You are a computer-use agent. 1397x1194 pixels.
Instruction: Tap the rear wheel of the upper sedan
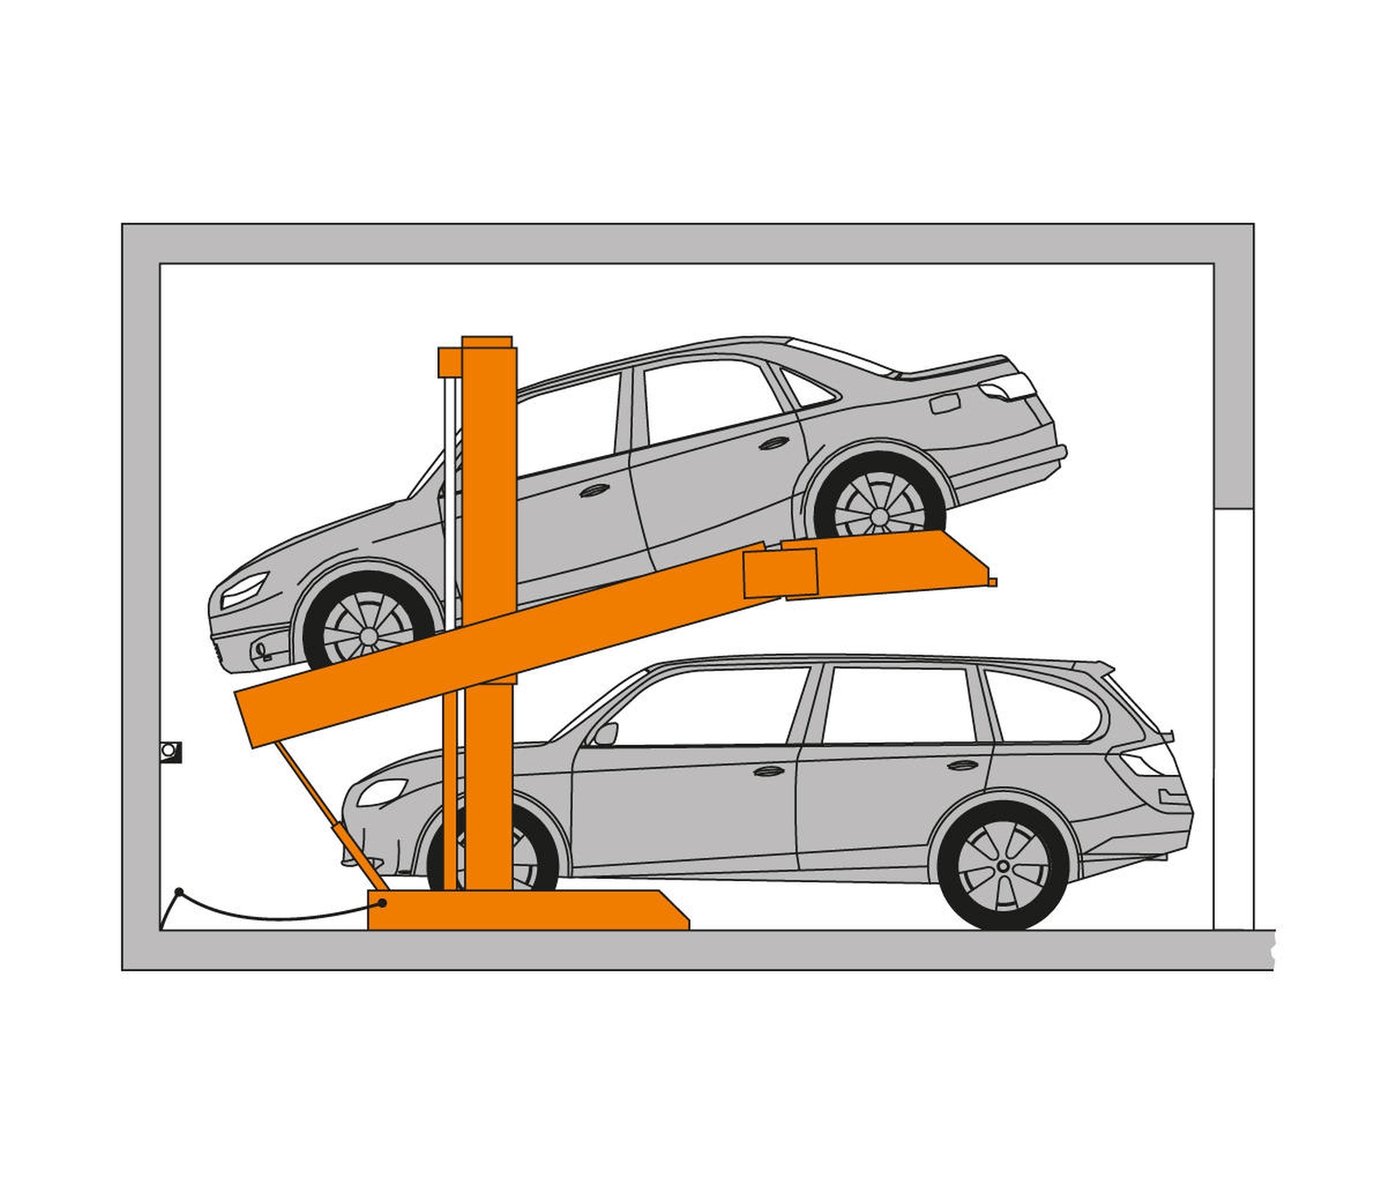click(x=877, y=505)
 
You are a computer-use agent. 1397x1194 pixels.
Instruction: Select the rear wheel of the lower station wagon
click(x=1003, y=866)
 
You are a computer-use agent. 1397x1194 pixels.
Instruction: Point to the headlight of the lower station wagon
click(x=382, y=791)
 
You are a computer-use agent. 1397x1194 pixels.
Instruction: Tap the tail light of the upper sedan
click(x=1008, y=386)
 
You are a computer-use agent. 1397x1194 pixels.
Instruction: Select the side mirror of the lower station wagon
click(x=603, y=734)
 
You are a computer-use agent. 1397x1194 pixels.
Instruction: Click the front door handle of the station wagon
click(x=768, y=770)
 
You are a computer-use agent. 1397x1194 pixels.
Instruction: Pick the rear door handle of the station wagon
click(x=962, y=765)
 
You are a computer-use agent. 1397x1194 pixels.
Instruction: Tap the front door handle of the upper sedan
click(x=594, y=491)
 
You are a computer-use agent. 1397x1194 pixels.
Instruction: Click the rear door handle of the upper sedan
click(x=774, y=443)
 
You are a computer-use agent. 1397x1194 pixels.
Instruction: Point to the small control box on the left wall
click(x=170, y=751)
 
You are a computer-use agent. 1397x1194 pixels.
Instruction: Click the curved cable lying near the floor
click(x=262, y=916)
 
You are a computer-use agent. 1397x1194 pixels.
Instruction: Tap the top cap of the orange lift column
click(x=486, y=342)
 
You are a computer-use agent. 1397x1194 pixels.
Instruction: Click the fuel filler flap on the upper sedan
click(x=945, y=404)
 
